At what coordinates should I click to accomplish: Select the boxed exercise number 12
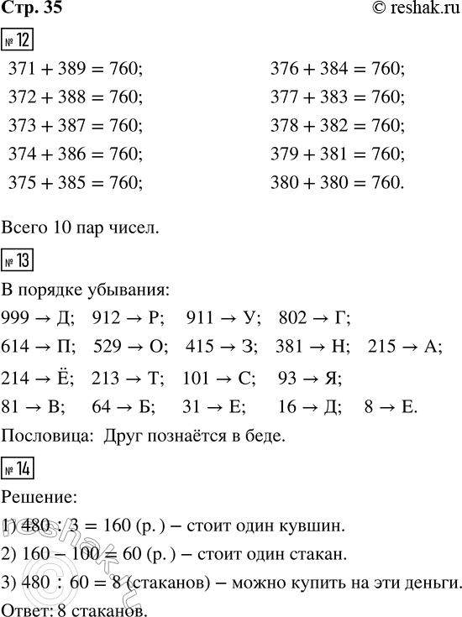pyautogui.click(x=20, y=39)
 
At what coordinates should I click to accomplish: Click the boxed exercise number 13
pyautogui.click(x=20, y=261)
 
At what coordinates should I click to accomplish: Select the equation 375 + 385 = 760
pyautogui.click(x=76, y=182)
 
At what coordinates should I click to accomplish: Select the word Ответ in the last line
pyautogui.click(x=23, y=608)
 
